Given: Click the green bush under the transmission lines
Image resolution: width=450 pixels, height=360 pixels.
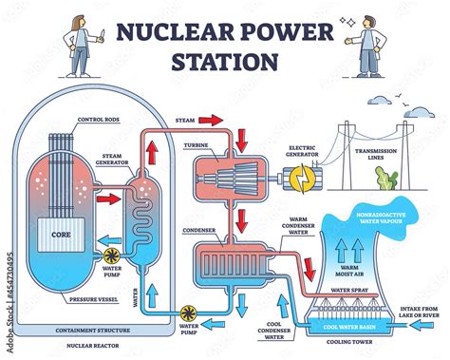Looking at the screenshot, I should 386,180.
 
